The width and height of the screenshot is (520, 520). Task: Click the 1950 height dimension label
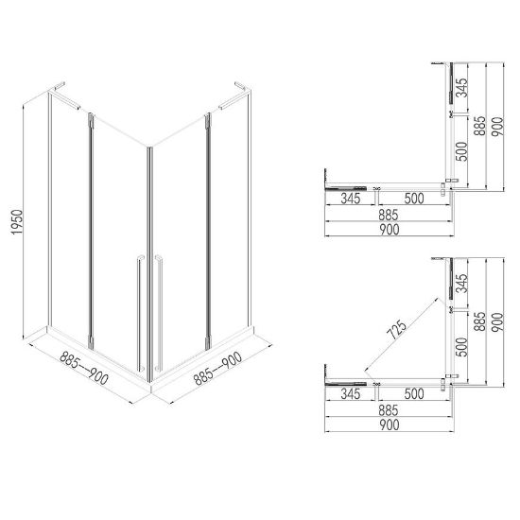[17, 222]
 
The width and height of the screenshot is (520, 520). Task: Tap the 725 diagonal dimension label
[398, 330]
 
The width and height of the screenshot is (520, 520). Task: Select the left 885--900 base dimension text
[84, 368]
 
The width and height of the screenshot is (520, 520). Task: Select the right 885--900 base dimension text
[217, 368]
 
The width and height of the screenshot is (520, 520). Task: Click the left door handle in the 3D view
[140, 313]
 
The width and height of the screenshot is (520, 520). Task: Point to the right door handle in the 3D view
[159, 313]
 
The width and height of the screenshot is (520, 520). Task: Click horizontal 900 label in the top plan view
[390, 230]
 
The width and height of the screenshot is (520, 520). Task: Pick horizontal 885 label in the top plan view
[389, 215]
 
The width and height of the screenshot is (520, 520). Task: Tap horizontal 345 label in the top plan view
[351, 199]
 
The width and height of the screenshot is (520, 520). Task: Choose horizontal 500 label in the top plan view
[414, 199]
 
